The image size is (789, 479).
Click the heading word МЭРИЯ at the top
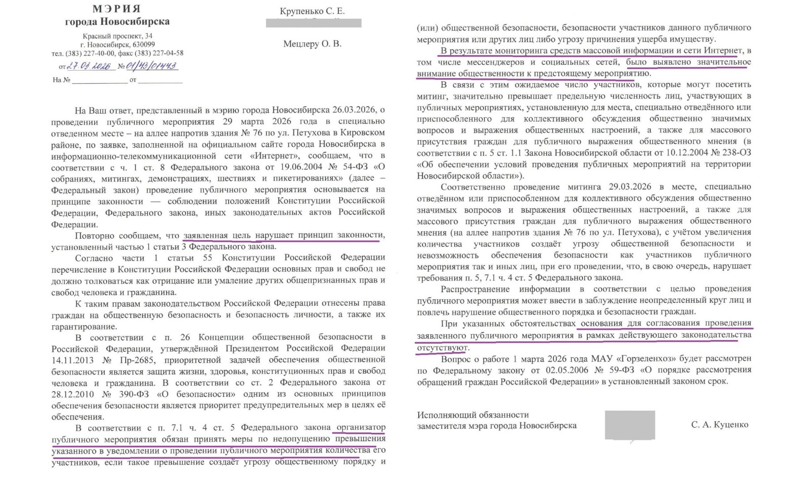coord(117,9)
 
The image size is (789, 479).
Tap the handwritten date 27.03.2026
coord(89,66)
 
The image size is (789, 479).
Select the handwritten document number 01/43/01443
coord(151,66)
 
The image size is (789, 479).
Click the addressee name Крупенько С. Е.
coord(312,11)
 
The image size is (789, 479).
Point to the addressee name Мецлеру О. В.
coord(312,44)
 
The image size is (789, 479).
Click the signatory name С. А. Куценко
coord(719,425)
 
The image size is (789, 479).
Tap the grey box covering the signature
coord(630,425)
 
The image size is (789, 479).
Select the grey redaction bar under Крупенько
coord(313,23)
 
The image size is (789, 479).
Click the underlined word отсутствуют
coord(442,347)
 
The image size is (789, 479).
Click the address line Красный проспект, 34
coord(117,36)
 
